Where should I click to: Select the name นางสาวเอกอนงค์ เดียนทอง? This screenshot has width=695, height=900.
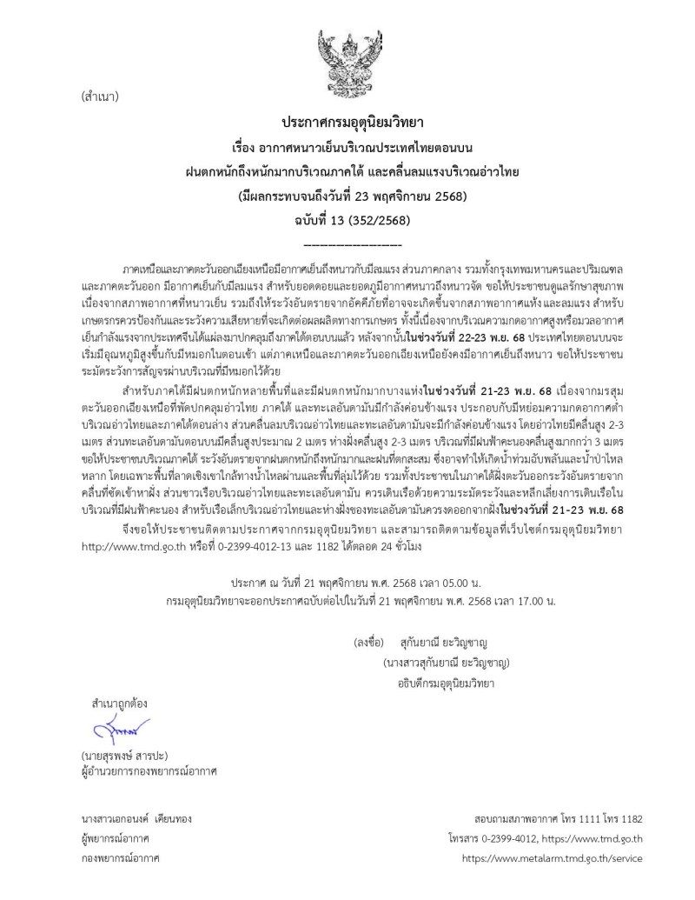point(135,819)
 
